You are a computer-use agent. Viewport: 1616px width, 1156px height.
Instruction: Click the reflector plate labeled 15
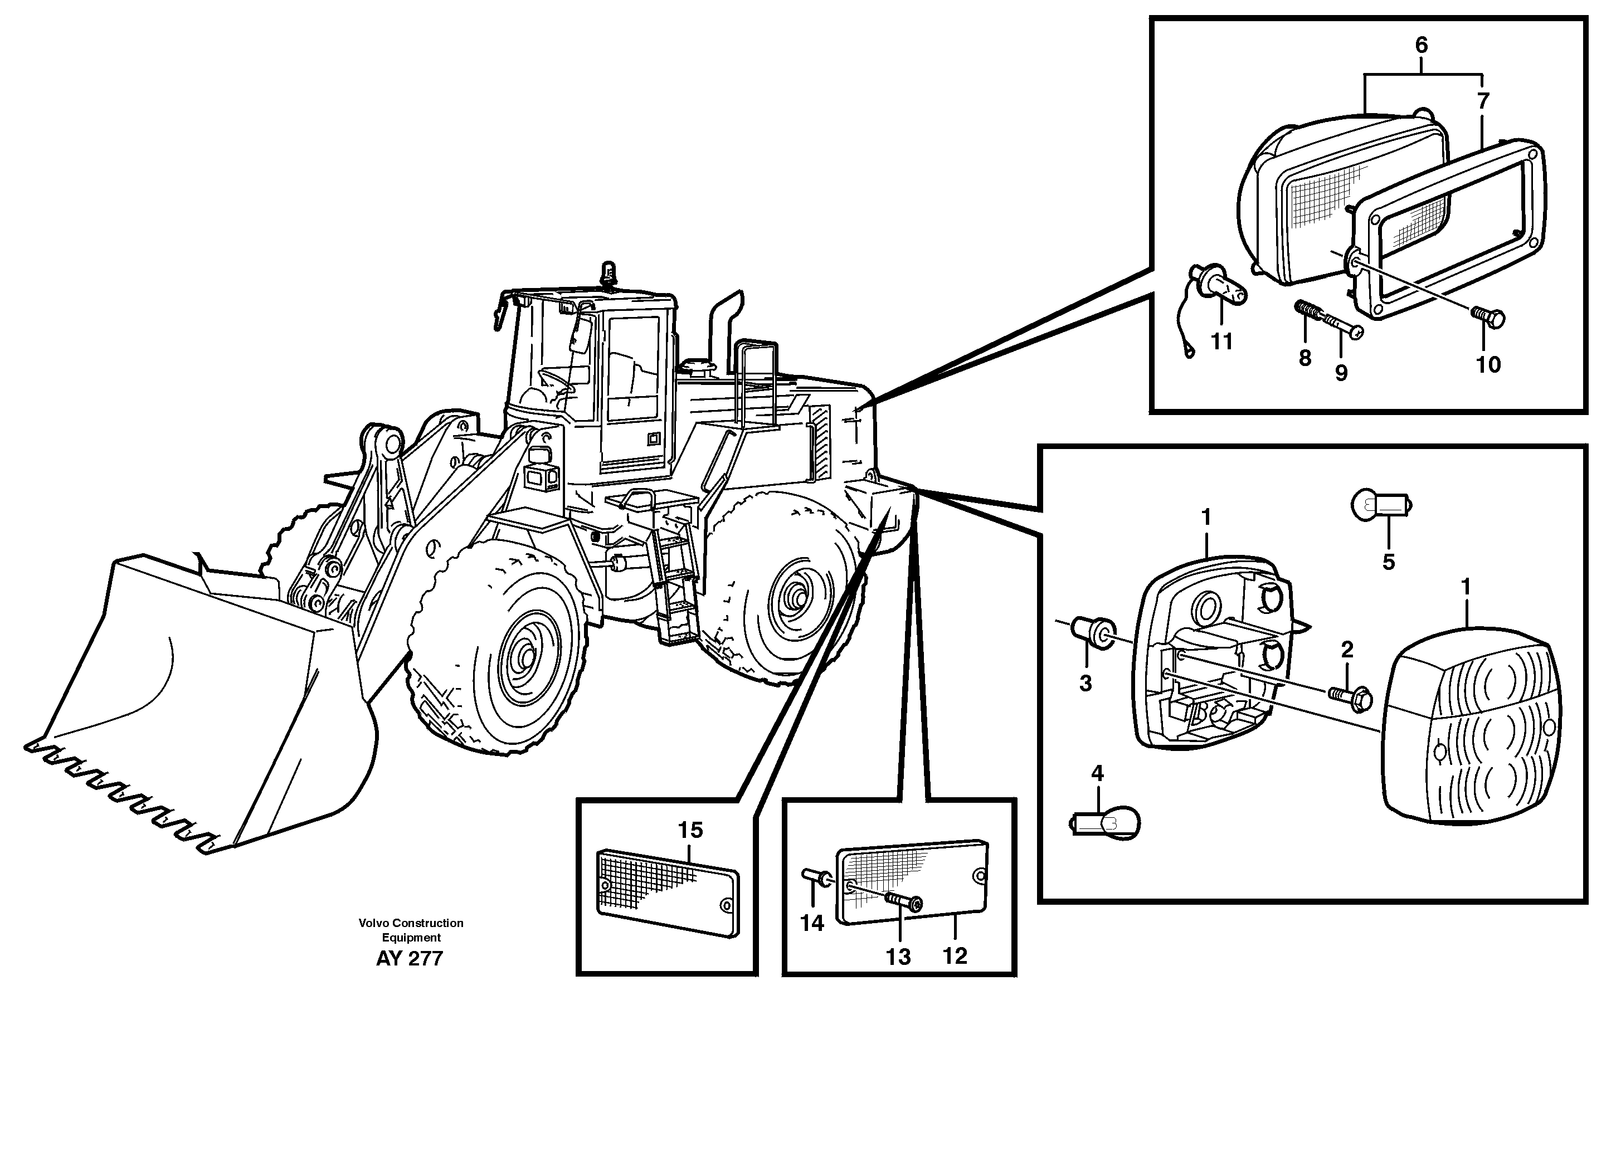(x=667, y=892)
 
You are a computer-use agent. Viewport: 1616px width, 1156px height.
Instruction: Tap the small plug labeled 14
(x=814, y=877)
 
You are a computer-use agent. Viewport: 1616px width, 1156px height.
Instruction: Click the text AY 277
(x=410, y=958)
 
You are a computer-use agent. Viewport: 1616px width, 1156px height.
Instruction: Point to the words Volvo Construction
(x=411, y=923)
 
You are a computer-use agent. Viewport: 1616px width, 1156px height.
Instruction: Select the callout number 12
(x=955, y=955)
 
